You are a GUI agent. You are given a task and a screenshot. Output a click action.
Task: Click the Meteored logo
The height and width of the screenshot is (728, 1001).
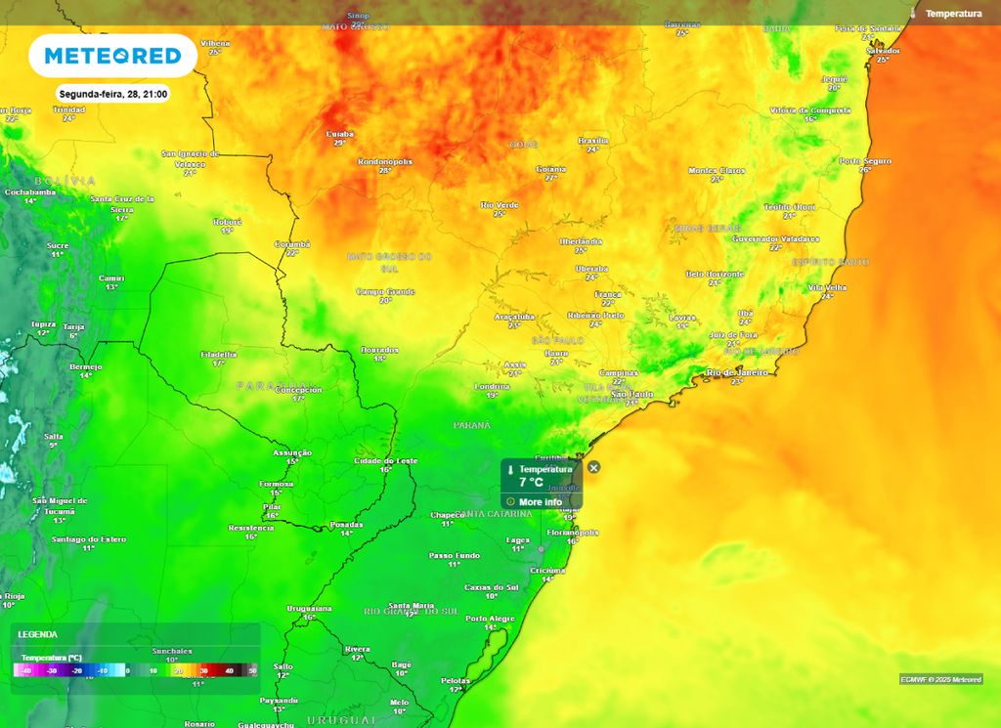(111, 56)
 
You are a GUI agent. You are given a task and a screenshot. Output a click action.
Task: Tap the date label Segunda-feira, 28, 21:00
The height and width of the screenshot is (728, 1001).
(113, 95)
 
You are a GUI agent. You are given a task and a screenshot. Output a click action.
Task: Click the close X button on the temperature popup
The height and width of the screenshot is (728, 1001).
(593, 467)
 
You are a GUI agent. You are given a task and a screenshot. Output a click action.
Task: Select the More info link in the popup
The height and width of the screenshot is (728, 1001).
(540, 502)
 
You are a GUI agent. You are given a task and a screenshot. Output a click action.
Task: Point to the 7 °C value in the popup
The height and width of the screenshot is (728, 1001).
(531, 483)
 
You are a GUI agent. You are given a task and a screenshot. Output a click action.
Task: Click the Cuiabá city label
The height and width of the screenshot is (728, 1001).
(339, 134)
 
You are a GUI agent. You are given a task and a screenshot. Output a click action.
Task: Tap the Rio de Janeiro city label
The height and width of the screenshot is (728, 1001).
(736, 372)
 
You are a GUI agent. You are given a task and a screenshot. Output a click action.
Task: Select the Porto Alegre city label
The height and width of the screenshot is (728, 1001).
(490, 619)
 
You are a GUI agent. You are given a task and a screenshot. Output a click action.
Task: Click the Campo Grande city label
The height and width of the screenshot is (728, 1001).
(385, 291)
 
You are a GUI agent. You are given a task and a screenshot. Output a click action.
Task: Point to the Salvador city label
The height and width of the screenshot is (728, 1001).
(883, 50)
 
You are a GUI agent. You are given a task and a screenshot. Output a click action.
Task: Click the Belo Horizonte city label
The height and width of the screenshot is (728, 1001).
(716, 274)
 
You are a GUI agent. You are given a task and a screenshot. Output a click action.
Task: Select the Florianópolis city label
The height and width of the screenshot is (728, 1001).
(572, 533)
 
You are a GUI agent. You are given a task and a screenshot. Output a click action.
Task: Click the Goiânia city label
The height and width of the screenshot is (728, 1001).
(551, 169)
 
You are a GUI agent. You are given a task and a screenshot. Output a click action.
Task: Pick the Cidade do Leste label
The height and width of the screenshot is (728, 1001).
(385, 460)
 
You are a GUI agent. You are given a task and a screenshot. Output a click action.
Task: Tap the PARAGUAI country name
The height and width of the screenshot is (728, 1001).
(273, 386)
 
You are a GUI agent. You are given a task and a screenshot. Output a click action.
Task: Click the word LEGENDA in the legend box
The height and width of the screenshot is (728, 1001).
(38, 634)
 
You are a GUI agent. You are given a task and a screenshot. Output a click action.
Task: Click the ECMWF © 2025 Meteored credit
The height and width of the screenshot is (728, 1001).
(940, 679)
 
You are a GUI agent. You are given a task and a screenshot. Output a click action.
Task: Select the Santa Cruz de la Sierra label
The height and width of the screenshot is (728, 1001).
(122, 203)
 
